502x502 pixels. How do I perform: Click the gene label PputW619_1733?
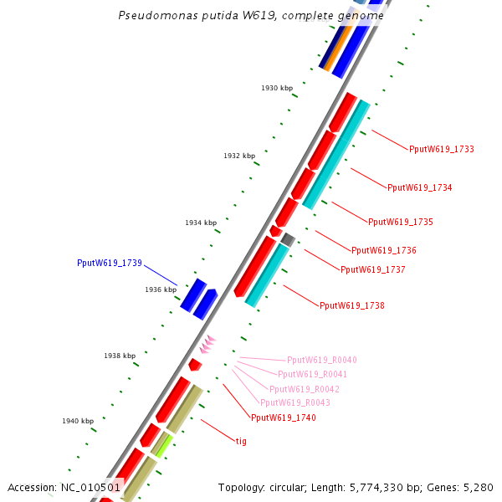coord(441,149)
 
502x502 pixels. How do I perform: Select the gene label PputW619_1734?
coord(419,187)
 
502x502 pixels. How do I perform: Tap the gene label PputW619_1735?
coord(400,222)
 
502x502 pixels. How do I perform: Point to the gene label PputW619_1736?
coord(383,250)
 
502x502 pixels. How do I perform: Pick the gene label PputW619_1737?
coord(372,269)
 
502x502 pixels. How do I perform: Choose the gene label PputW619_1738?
coord(351,305)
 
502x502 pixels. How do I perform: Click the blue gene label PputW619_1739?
coord(109,263)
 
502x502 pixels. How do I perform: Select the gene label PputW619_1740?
coord(283,417)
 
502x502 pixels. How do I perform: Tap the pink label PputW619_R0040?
coord(321,360)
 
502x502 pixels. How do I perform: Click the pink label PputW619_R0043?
coord(295,402)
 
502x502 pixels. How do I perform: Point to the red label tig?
coord(241,440)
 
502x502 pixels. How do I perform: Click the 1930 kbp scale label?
coord(276,88)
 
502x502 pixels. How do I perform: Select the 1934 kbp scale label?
coord(201,223)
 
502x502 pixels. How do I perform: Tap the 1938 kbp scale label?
coord(120,356)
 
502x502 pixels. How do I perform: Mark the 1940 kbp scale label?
coord(78,421)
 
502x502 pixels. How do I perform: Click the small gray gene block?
coord(288,239)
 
